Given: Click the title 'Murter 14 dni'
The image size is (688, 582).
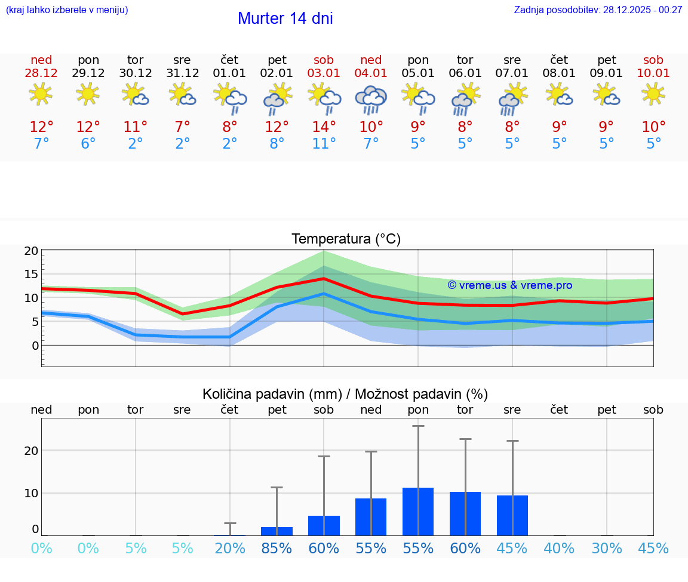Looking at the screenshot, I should [x=285, y=19].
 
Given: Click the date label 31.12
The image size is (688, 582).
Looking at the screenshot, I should [x=182, y=73].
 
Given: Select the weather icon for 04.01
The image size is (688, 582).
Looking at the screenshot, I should [x=371, y=99].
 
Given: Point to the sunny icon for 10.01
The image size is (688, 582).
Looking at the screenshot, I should [x=653, y=94].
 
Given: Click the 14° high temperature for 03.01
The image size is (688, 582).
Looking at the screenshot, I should [x=324, y=127].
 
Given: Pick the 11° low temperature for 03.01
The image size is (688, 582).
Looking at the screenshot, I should [x=324, y=144].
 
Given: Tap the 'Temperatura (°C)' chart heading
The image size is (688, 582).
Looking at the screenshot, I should [x=346, y=239].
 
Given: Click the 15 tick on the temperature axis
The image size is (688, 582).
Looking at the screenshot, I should [x=32, y=274].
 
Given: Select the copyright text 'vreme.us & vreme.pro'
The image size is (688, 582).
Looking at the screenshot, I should [x=510, y=285].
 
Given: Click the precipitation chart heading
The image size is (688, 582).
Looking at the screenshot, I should [x=345, y=394].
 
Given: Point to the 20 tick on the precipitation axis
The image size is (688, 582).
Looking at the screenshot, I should [x=32, y=451].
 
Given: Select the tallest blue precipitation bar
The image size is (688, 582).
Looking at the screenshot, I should [x=418, y=512].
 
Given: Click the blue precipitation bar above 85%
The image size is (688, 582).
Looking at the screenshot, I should [x=277, y=531].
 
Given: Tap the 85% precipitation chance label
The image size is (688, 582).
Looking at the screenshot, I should [x=277, y=548].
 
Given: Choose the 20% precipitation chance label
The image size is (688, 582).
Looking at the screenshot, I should [x=230, y=548].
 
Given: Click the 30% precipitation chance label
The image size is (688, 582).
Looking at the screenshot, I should [x=607, y=548].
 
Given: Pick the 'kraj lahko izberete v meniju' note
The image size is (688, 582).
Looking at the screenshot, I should [x=67, y=10].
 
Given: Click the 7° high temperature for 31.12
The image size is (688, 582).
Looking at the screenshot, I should [x=182, y=127].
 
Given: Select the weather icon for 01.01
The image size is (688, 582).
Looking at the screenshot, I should [x=230, y=98].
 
